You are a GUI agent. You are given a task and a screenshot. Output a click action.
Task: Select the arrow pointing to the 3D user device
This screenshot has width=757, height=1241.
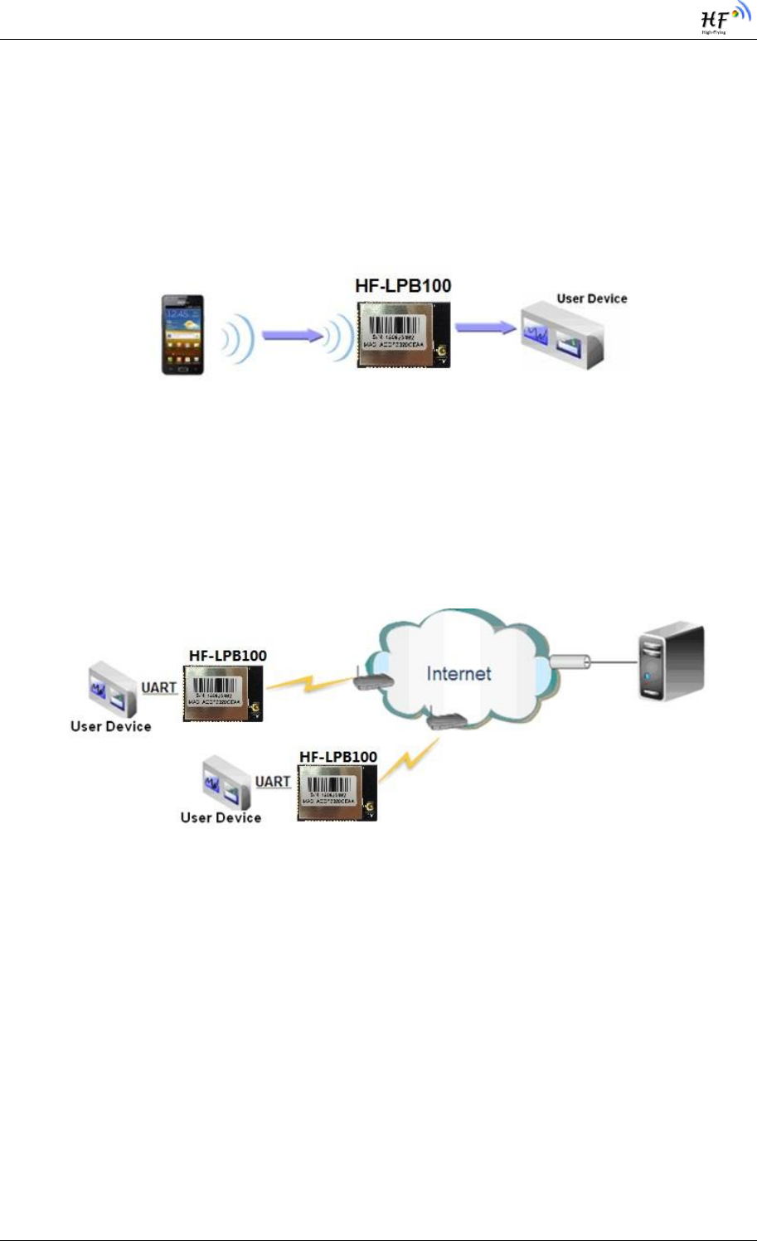(x=485, y=327)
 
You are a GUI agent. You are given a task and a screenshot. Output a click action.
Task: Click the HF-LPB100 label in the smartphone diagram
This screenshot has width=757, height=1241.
(x=403, y=286)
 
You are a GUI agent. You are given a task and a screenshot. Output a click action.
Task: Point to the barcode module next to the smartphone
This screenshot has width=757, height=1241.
(x=403, y=334)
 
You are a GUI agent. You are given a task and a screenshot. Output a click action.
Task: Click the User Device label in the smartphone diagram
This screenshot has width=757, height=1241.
(x=591, y=298)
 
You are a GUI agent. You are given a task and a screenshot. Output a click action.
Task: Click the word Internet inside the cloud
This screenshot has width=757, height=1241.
(x=459, y=673)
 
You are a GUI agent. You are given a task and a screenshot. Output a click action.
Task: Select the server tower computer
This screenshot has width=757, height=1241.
(x=671, y=662)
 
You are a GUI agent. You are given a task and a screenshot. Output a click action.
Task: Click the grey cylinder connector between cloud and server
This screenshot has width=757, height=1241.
(x=570, y=662)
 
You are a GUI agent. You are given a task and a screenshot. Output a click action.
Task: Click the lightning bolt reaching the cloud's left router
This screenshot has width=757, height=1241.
(x=308, y=683)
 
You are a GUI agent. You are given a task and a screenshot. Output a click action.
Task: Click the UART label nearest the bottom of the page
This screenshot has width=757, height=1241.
(x=273, y=782)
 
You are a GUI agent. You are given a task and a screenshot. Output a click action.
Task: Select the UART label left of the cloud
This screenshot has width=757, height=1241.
(x=159, y=688)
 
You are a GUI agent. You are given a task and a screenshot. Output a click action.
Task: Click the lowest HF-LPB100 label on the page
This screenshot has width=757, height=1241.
(x=338, y=757)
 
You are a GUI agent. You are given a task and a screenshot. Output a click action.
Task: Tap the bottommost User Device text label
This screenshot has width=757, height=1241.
(x=221, y=817)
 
